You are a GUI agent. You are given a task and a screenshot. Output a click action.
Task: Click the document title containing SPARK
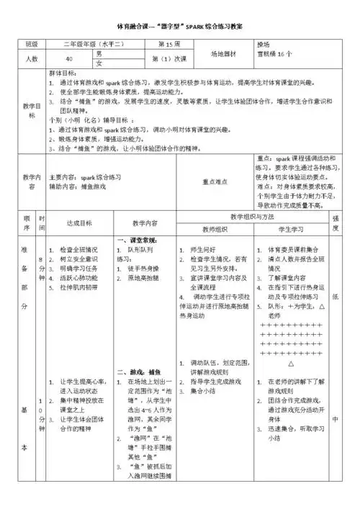[x=179, y=26]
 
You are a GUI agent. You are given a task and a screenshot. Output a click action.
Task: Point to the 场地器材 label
[x=225, y=54]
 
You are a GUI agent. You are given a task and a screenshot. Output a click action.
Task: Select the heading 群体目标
[x=63, y=74]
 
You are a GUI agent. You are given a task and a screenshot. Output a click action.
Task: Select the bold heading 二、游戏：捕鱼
[x=137, y=373]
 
